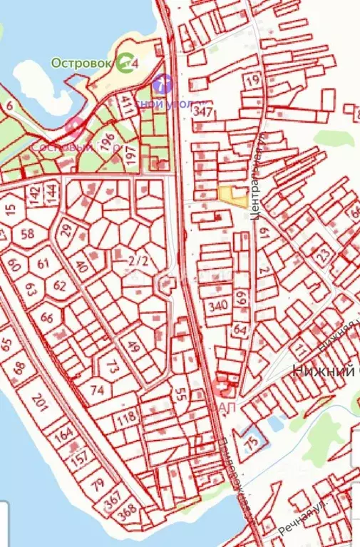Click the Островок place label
pos(81,63)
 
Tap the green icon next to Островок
pos(125,62)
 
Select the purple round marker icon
pos(163,84)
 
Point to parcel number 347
pos(203,111)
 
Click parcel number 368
pos(128,511)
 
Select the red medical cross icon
pos(225,389)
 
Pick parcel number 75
pos(251,442)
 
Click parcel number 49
pos(133,347)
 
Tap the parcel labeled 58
pos(28,234)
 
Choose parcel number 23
pos(323,254)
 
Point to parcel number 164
pos(63,434)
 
